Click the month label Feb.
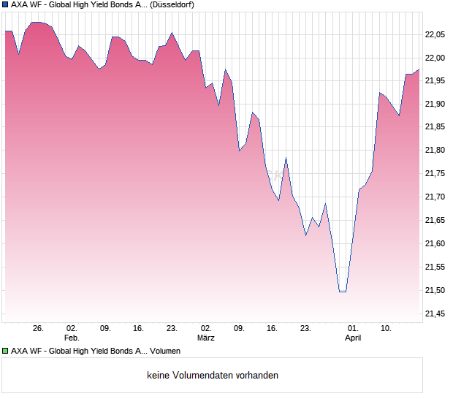pos(72,338)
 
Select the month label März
pos(206,338)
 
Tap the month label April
pos(353,338)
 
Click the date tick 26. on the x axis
pos(39,329)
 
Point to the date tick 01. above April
pos(353,329)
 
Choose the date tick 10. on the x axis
pos(387,329)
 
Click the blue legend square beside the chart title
pos(5,4)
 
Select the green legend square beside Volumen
pos(5,351)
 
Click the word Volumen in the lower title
pos(165,351)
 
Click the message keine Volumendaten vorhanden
pos(213,376)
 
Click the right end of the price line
pos(419,69)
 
